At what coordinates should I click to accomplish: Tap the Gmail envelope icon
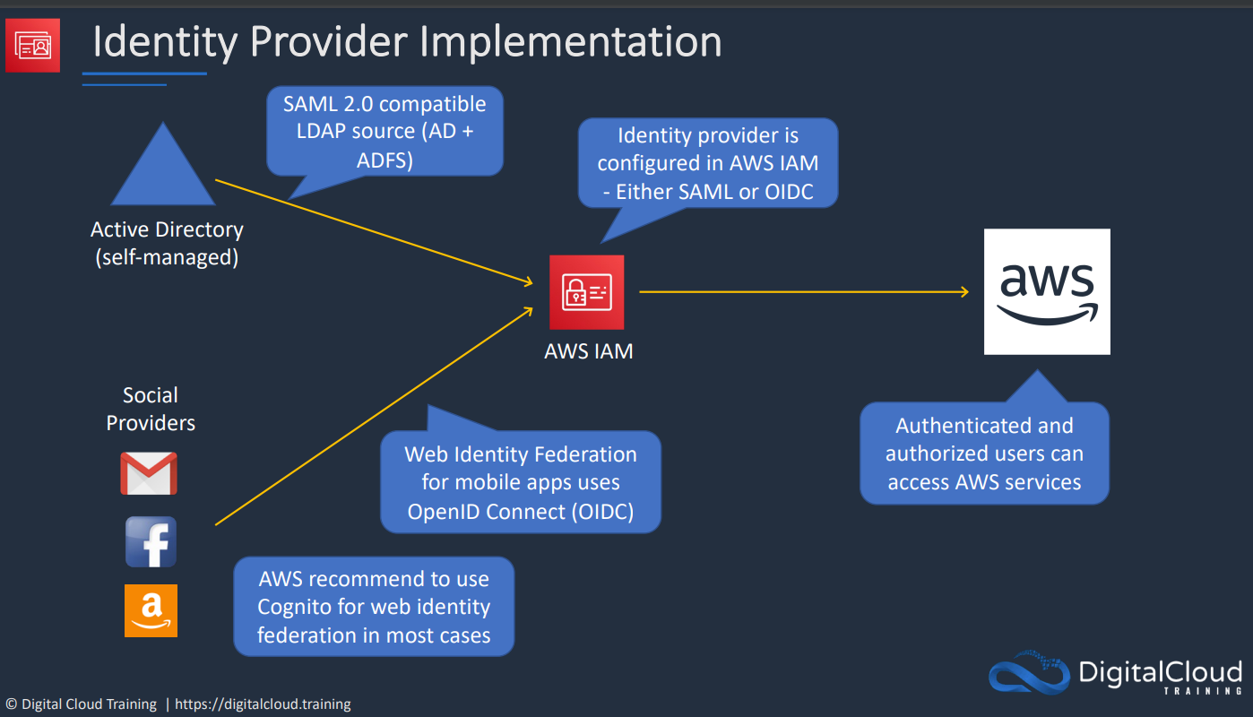click(149, 473)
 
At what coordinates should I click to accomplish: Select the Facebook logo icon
click(151, 542)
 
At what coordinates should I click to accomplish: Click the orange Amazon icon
click(151, 610)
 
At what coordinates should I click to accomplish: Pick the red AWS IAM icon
click(587, 292)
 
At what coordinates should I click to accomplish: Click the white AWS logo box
click(1047, 291)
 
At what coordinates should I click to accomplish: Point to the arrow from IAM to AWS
click(804, 291)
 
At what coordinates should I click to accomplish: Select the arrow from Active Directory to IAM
click(374, 232)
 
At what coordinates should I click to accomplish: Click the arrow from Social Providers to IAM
click(374, 416)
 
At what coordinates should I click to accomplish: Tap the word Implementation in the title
click(571, 42)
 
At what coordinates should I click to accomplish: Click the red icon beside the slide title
click(33, 46)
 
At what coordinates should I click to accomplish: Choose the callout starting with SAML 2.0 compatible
click(385, 132)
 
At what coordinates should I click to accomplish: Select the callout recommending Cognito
click(374, 607)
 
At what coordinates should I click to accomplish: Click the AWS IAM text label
click(589, 351)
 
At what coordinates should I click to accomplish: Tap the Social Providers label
click(151, 409)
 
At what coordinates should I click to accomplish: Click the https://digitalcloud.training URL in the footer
click(263, 704)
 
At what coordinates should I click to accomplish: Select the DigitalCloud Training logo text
click(1160, 676)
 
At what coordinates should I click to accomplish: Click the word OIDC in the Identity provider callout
click(789, 192)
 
